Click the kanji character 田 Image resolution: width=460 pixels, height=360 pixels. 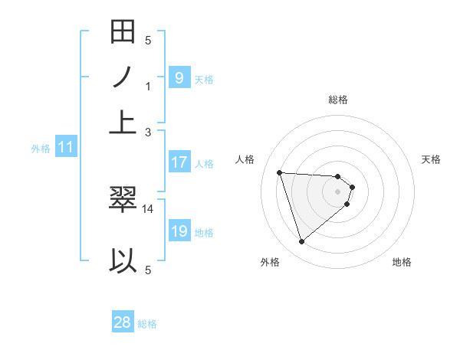pos(123,34)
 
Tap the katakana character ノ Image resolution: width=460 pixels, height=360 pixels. pos(123,77)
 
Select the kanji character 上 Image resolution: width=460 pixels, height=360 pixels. pos(123,121)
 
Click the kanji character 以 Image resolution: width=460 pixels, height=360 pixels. pos(123,260)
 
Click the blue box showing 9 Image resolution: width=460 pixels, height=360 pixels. pos(179,77)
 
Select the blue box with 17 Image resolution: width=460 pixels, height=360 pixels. pos(179,162)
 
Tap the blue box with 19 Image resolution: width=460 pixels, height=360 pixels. pos(179,231)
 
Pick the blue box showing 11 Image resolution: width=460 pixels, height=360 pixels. pos(66,147)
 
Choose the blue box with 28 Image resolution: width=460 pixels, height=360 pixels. pos(123,322)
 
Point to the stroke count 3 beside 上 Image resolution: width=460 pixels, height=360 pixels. pos(149,132)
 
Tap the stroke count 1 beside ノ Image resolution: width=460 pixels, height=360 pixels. pos(149,86)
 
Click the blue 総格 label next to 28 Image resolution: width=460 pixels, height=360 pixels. pos(147,324)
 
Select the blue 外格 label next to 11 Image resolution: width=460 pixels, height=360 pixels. pos(41,149)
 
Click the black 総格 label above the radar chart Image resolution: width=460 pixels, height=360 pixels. pos(338,100)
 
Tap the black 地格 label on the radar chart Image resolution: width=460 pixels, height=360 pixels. pos(402,262)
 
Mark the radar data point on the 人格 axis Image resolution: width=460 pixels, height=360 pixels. pos(280,172)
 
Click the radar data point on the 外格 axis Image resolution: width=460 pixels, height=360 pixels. pos(301,242)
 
